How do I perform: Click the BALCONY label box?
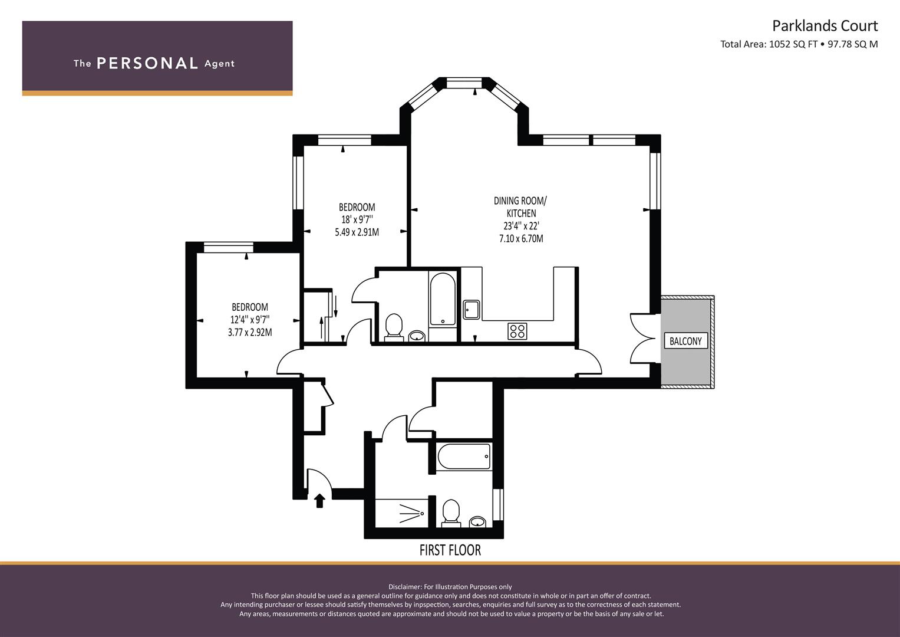685,341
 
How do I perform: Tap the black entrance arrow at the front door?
319,501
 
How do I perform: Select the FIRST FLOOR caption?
450,550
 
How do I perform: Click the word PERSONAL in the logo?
147,64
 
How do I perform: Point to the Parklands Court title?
825,26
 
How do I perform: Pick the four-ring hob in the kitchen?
517,331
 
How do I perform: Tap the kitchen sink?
471,310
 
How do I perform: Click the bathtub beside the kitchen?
442,299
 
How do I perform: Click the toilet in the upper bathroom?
393,327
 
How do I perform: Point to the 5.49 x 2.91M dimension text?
357,232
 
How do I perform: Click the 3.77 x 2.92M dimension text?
250,333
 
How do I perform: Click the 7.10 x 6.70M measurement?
520,239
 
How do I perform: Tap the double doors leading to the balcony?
642,339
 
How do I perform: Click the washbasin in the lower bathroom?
478,521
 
